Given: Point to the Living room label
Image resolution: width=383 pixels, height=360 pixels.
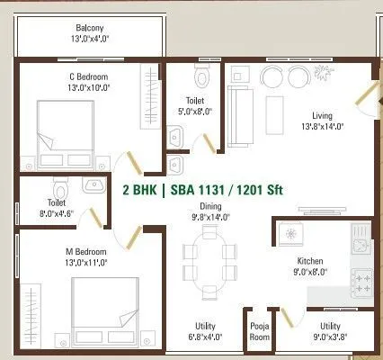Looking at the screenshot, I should [323, 116].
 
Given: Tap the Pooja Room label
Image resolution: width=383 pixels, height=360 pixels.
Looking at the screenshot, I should [259, 331].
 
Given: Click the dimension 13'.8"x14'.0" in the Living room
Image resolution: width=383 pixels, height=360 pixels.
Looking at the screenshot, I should [323, 128].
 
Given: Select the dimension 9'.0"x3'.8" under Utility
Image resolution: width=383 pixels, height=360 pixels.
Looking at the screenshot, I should [330, 338].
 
